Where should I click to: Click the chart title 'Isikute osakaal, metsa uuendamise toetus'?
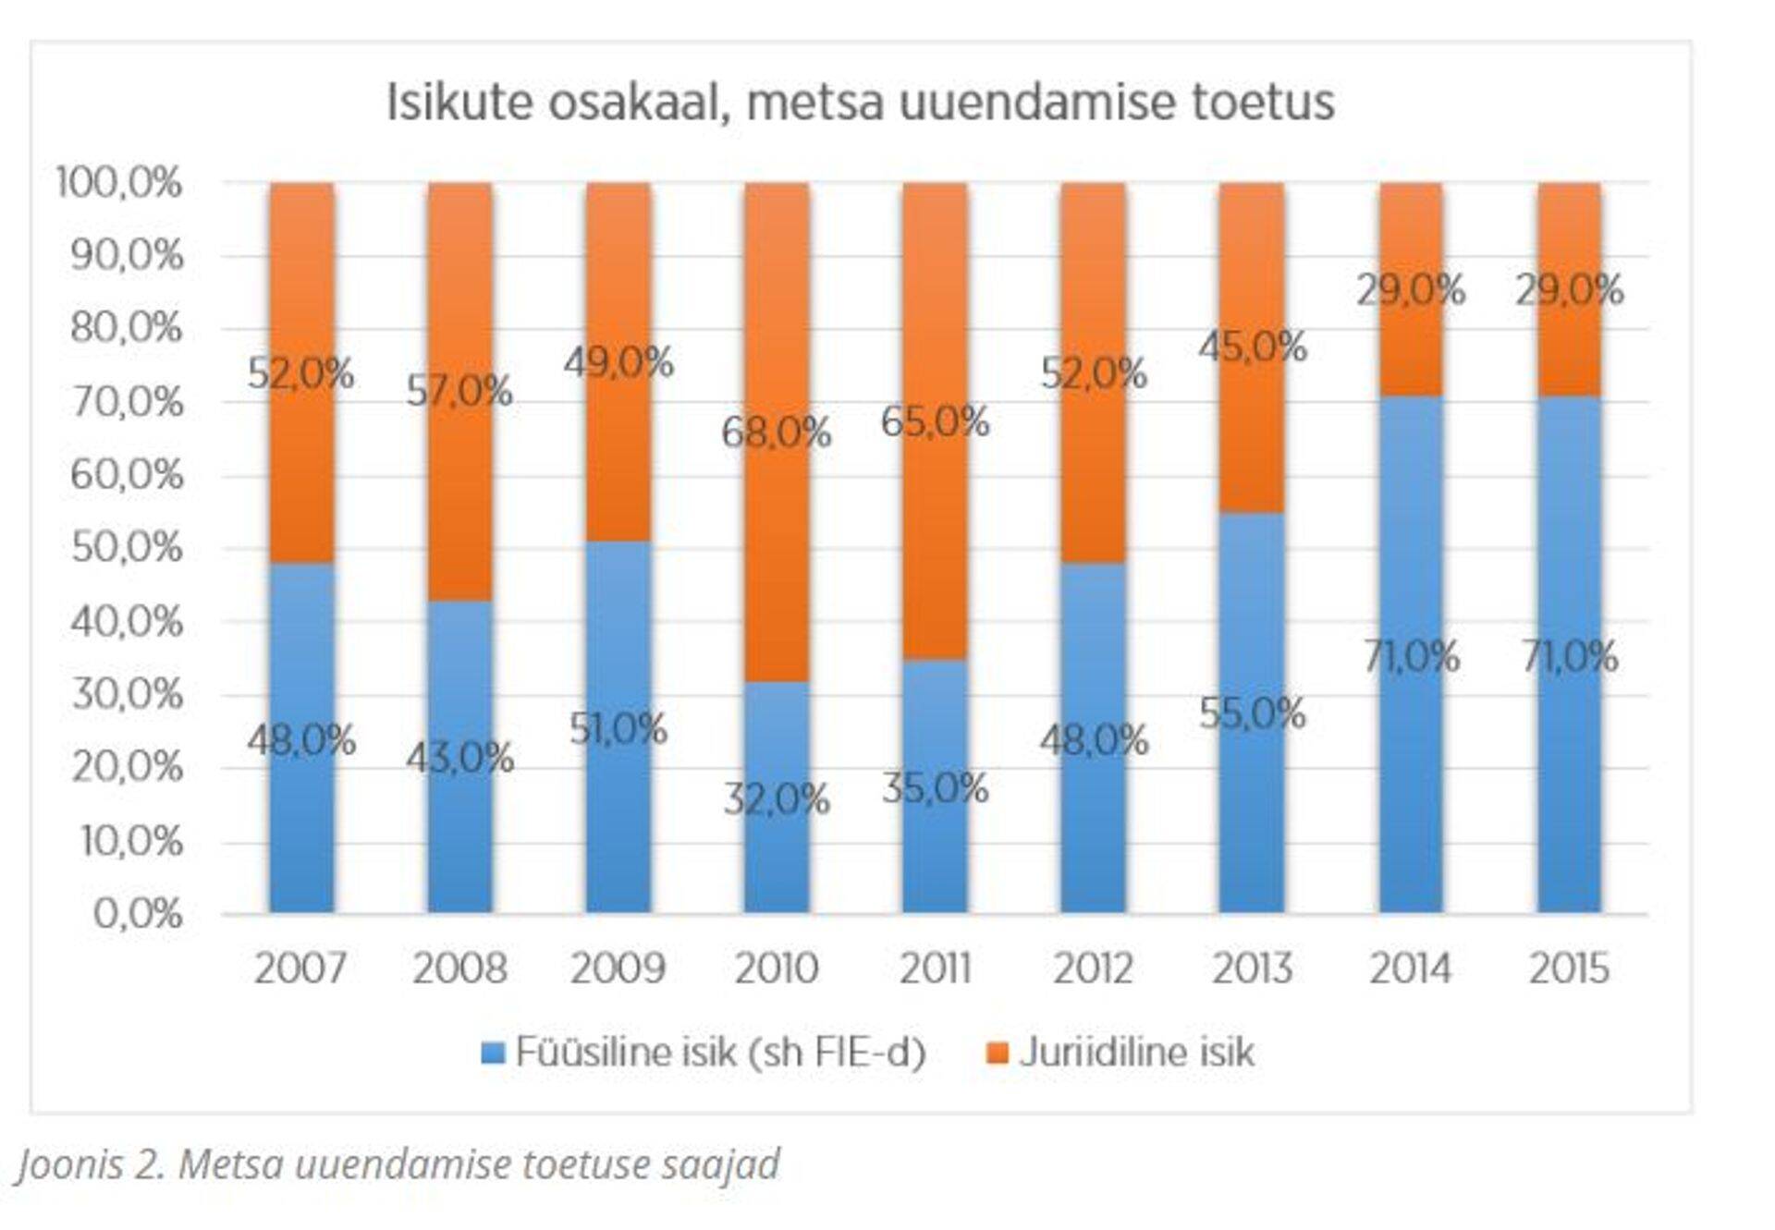tap(860, 102)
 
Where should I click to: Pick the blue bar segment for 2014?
tap(1411, 785)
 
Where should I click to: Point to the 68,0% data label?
tap(777, 432)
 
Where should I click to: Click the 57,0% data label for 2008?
tap(459, 392)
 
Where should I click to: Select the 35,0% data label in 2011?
tap(935, 788)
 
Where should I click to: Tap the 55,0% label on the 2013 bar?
tap(1252, 713)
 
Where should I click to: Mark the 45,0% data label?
tap(1253, 347)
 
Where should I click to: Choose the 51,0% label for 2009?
tap(618, 729)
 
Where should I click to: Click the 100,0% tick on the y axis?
tap(119, 183)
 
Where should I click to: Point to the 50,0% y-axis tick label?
tap(127, 548)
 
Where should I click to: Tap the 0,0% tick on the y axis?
tap(138, 914)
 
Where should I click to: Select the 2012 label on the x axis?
tap(1094, 968)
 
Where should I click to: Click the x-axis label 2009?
tap(618, 968)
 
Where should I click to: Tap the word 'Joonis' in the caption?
tap(69, 1164)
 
